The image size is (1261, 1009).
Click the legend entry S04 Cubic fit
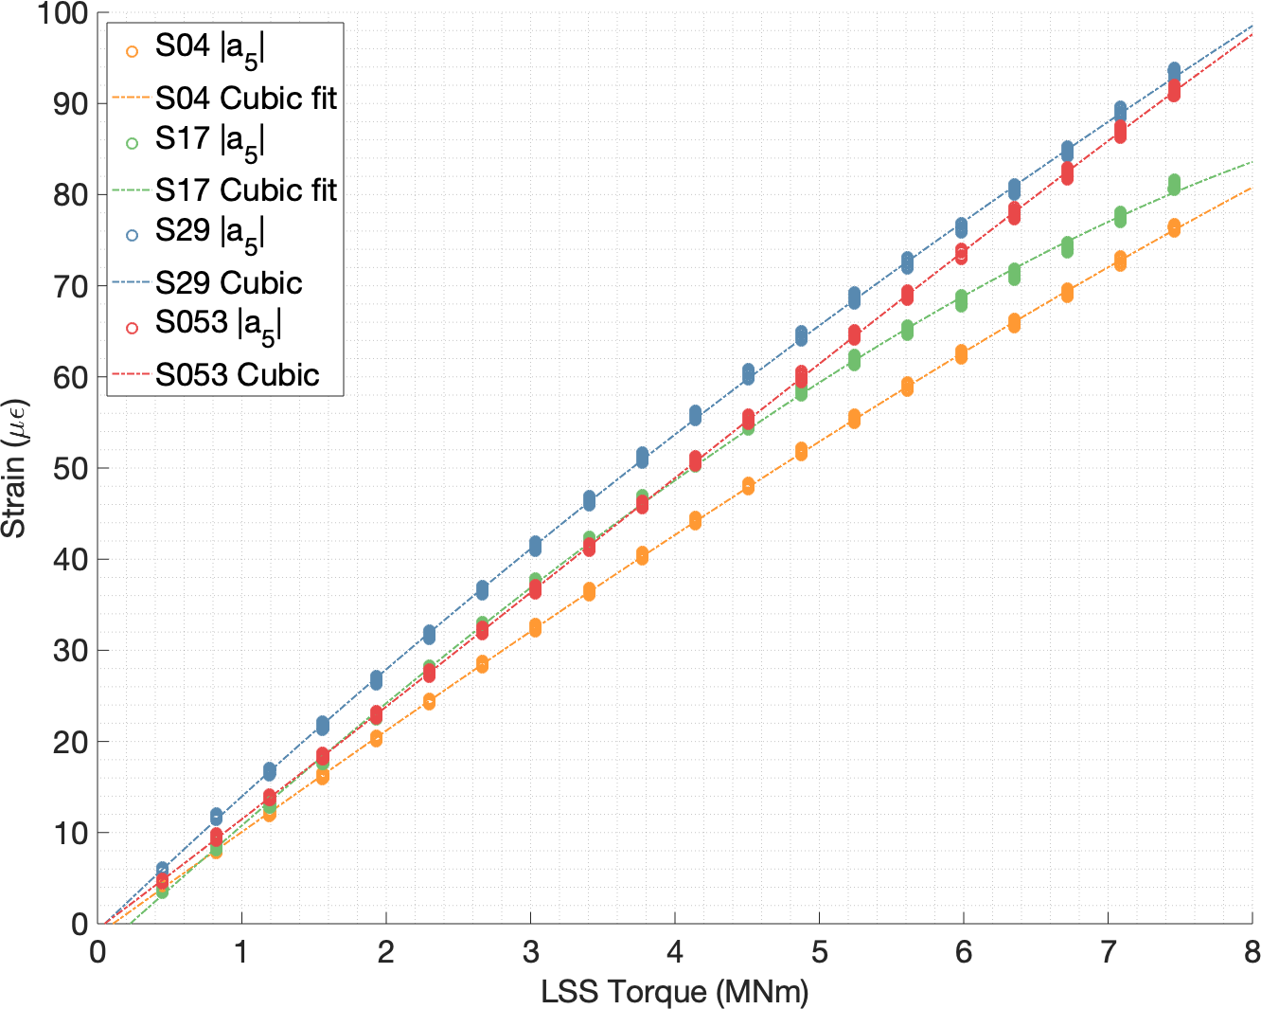coord(245,98)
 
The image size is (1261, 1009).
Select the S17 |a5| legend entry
coord(209,140)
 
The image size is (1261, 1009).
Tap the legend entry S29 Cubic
coord(228,282)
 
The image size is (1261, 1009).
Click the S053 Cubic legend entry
coord(237,374)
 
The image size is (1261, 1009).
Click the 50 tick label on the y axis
coord(68,468)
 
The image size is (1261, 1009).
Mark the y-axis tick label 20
coord(68,742)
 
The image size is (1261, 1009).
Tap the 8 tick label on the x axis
coord(1252,951)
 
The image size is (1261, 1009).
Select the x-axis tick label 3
coord(530,951)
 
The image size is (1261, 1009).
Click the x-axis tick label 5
coord(819,951)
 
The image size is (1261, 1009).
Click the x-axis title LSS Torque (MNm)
coord(675,992)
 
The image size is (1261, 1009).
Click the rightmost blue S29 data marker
coord(1174,71)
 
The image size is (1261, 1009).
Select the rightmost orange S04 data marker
coord(1174,227)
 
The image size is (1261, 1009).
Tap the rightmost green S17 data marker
coord(1174,184)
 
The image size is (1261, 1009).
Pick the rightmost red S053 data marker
coord(1174,90)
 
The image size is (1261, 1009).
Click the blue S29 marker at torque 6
coord(961,227)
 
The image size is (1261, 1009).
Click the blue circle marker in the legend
coord(132,234)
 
